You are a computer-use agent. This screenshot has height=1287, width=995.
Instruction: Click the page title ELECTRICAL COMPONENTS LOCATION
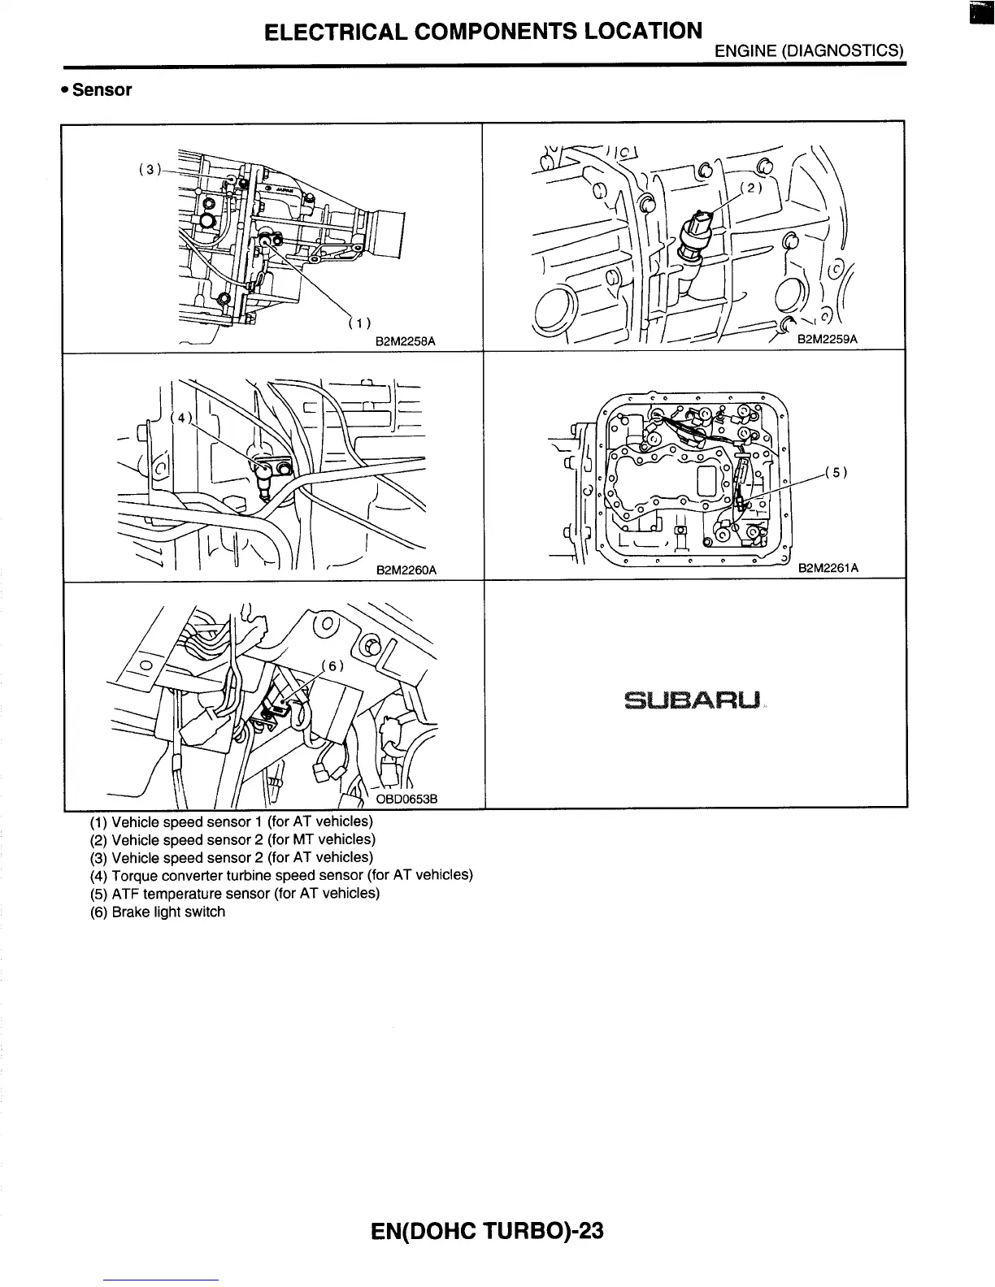coord(483,32)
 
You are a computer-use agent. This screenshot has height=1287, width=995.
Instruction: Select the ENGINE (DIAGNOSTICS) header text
coord(809,51)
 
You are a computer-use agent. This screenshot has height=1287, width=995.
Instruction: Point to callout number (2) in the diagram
coord(752,188)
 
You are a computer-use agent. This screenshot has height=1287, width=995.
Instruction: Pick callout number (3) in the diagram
coord(150,170)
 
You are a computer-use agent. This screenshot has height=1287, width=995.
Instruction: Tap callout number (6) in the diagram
coord(333,666)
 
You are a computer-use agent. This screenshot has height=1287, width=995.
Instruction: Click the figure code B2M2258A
coord(405,342)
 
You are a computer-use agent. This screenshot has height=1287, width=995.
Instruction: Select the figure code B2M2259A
coord(828,340)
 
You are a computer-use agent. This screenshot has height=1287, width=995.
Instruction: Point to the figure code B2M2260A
coord(406,570)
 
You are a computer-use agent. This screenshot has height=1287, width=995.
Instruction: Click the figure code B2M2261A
coord(828,568)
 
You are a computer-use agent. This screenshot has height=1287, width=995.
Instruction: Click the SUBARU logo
coord(693,700)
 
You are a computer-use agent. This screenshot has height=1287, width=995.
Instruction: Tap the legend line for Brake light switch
coord(158,912)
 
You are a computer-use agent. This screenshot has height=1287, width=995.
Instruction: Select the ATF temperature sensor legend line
coord(234,894)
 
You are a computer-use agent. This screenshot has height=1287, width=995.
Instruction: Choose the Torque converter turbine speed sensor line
coord(281,876)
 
